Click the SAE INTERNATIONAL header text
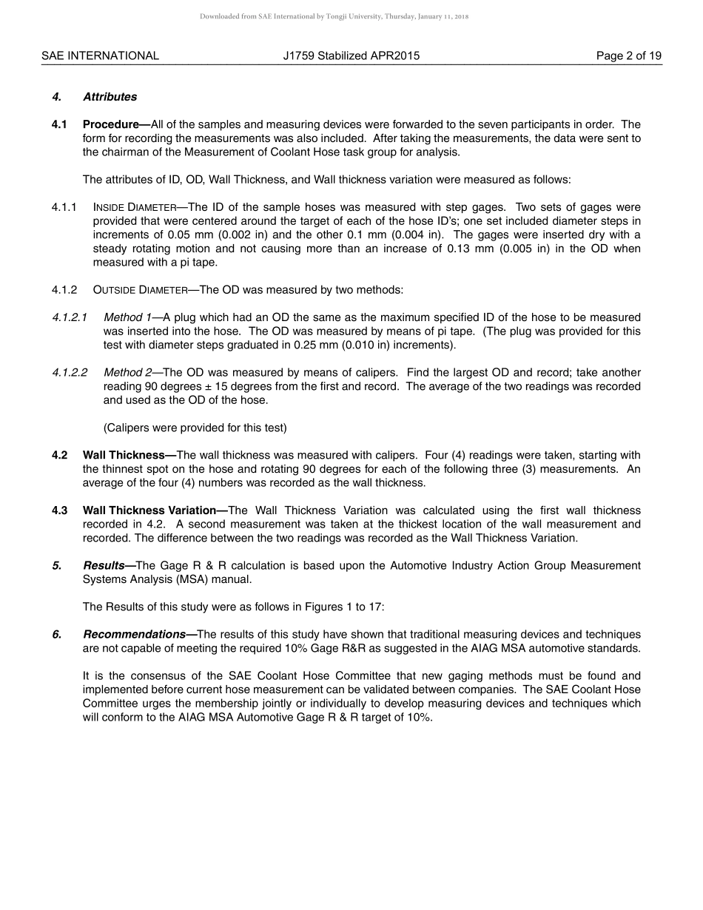(x=100, y=55)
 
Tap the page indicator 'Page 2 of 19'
(x=629, y=55)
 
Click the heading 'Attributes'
(x=110, y=97)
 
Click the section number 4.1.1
(x=64, y=207)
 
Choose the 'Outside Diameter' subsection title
(x=143, y=290)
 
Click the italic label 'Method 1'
(x=127, y=317)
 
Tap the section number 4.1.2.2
(x=70, y=372)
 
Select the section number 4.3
(x=60, y=510)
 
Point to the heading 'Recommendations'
(x=135, y=634)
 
